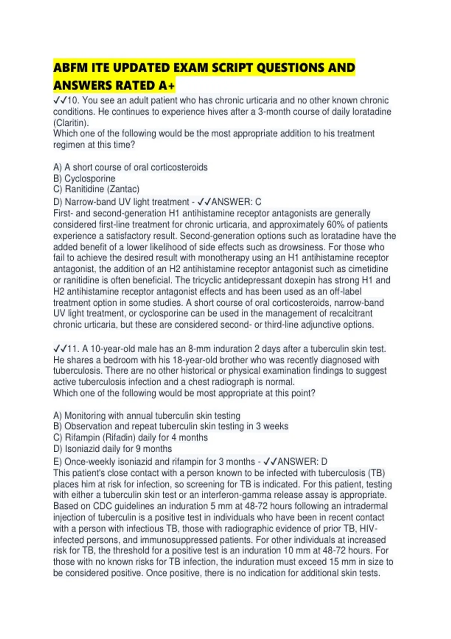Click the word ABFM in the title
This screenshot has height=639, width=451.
70,68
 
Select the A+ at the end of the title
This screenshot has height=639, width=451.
166,86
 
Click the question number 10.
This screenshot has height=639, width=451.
73,101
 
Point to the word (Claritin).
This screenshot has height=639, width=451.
71,123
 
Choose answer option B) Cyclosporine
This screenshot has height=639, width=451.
85,179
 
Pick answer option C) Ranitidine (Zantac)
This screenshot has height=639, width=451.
97,189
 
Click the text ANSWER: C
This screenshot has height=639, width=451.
236,202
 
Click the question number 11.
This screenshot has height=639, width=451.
73,349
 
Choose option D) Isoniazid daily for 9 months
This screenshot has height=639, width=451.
113,449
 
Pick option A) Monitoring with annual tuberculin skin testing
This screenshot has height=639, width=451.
147,416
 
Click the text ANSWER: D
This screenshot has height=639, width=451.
302,462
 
